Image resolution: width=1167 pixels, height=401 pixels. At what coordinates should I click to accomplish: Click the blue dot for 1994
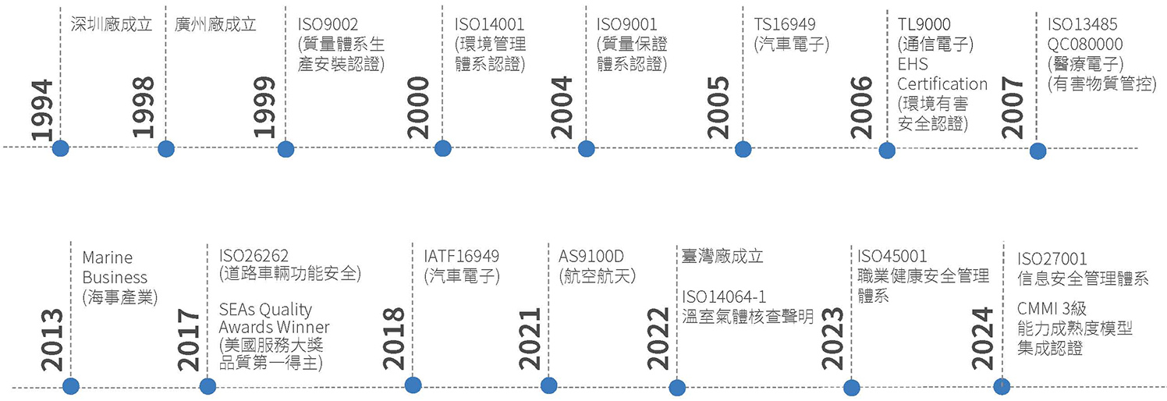[x=60, y=147]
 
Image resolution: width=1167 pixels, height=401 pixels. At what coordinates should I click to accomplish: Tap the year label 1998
[x=143, y=108]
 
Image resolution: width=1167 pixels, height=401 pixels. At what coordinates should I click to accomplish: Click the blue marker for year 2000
[x=442, y=148]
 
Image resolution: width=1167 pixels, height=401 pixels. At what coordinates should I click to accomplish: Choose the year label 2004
[x=561, y=108]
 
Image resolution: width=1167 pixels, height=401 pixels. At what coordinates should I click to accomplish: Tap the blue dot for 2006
[x=887, y=151]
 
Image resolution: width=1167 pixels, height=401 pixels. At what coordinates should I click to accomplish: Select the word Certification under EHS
[x=942, y=83]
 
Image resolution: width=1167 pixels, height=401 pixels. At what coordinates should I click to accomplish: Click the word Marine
[x=107, y=257]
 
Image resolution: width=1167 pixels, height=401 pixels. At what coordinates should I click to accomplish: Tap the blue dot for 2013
[x=71, y=385]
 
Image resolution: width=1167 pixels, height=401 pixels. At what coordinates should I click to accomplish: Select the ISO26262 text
[x=254, y=256]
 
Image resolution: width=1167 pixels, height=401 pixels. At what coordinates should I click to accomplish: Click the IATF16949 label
[x=462, y=256]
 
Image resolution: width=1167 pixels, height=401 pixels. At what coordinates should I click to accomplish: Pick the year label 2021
[x=530, y=339]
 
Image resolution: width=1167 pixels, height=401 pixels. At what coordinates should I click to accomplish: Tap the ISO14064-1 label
[x=724, y=296]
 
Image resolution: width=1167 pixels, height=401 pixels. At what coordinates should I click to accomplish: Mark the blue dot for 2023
[x=851, y=388]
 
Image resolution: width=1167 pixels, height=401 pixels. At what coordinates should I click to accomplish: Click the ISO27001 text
[x=1052, y=258]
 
